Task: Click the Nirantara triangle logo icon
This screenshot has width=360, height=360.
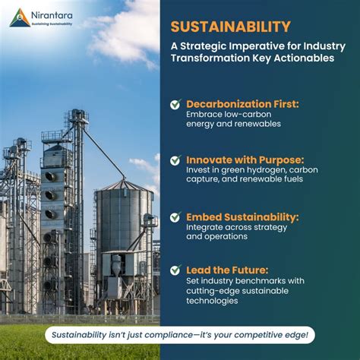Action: coord(20,17)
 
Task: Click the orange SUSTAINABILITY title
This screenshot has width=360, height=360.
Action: coord(230,27)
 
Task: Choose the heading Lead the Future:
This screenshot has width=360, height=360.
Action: coord(227,270)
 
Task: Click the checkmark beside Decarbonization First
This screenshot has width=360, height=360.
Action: coord(175,104)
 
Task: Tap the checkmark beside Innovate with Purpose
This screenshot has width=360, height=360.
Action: coord(175,160)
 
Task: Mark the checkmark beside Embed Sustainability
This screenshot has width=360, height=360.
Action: coord(175,217)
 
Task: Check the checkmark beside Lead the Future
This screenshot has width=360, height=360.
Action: coord(175,270)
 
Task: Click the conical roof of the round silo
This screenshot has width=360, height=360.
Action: coord(122,185)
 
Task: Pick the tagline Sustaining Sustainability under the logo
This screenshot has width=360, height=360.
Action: coord(52,24)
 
